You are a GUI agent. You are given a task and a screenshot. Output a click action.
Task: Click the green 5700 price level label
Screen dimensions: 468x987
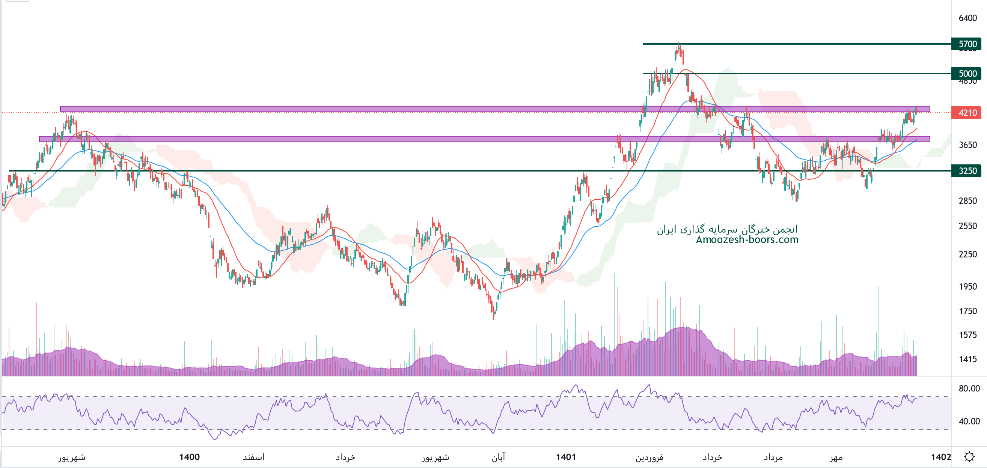click(967, 44)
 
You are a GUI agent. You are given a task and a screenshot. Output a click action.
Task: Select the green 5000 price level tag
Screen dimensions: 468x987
click(967, 74)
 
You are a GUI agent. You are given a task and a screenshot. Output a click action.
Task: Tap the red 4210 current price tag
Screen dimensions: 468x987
click(967, 113)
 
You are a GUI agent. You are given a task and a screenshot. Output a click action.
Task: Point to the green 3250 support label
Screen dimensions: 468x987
click(967, 171)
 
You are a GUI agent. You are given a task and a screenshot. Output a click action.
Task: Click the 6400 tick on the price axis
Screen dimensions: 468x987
click(967, 18)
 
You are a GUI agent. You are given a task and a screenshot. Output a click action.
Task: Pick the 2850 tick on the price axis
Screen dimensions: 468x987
click(967, 201)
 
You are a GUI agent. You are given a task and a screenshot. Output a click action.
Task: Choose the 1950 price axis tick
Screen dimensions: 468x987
click(967, 286)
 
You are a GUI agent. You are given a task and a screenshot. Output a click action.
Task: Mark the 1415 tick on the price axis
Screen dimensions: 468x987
click(967, 359)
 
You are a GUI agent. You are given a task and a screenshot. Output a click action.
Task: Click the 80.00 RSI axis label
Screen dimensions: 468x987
click(969, 388)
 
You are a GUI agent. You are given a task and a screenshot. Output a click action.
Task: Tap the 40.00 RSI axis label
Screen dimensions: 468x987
click(969, 421)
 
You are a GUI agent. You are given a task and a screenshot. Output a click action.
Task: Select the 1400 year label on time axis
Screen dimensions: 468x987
click(189, 457)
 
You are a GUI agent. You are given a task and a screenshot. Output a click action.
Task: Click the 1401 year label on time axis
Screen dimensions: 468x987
click(566, 457)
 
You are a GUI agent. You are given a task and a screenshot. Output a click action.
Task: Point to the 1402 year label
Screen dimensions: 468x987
click(941, 457)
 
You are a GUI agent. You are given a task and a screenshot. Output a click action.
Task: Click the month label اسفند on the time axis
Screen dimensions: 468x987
click(254, 457)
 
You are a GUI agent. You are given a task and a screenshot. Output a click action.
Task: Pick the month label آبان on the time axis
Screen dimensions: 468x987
click(499, 457)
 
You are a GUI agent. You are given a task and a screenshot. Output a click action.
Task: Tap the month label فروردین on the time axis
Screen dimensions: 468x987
click(649, 457)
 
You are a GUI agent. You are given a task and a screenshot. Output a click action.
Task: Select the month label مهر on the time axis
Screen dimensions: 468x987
click(836, 457)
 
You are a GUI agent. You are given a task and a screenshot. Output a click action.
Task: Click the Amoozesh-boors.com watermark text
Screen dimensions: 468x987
click(747, 240)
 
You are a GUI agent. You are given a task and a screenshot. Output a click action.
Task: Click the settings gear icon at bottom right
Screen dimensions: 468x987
click(969, 457)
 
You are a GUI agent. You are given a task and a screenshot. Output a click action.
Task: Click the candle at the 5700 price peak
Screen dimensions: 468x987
click(679, 50)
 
